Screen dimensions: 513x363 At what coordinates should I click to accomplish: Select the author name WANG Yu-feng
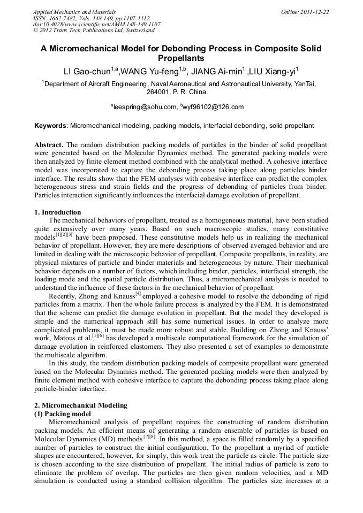tap(150, 71)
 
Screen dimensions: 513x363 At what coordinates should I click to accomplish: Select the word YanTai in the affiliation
tap(305, 83)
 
